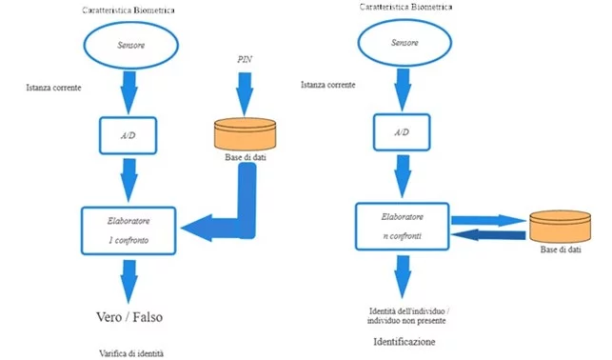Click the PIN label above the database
pos(245,59)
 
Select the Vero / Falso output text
pos(129,316)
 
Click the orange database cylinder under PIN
pos(246,134)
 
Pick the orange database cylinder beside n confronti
pos(560,226)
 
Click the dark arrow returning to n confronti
pos(488,234)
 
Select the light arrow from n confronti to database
pos(488,221)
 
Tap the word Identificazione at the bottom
pos(405,342)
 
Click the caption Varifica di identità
pos(131,353)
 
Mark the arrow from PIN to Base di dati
pos(245,94)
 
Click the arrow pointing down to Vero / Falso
pos(128,282)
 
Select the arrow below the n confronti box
pos(403,277)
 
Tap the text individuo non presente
pos(406,321)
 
